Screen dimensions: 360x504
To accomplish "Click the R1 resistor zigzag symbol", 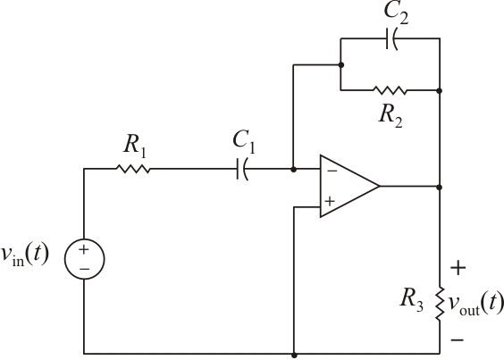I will point(133,169).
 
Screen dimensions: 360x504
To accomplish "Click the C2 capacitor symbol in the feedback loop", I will point(391,38).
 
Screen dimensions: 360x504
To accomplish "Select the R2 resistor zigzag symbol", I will point(390,89).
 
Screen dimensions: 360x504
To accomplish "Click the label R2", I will point(391,115).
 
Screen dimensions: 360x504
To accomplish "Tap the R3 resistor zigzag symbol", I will point(440,302).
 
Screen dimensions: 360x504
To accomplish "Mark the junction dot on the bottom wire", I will point(294,353).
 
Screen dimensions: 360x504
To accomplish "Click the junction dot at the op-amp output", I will point(440,187).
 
